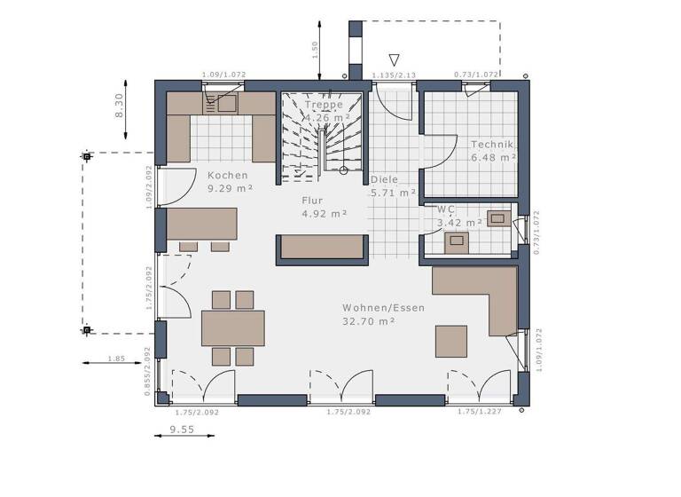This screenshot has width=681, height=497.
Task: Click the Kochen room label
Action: pos(228,176)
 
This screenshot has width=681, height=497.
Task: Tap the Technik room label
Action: pos(493,145)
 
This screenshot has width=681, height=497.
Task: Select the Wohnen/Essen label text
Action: pos(383,308)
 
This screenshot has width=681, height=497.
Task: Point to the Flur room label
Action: pos(312,201)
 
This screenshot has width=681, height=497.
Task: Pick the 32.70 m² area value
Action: pos(369,321)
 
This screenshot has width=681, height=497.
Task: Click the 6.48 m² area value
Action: pos(494,157)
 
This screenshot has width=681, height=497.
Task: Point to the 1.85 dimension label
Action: pos(116,358)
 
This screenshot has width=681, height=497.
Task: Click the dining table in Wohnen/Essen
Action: pos(232,327)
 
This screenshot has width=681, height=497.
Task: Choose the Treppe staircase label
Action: pos(323,104)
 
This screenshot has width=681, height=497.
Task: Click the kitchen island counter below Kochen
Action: pos(202,224)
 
